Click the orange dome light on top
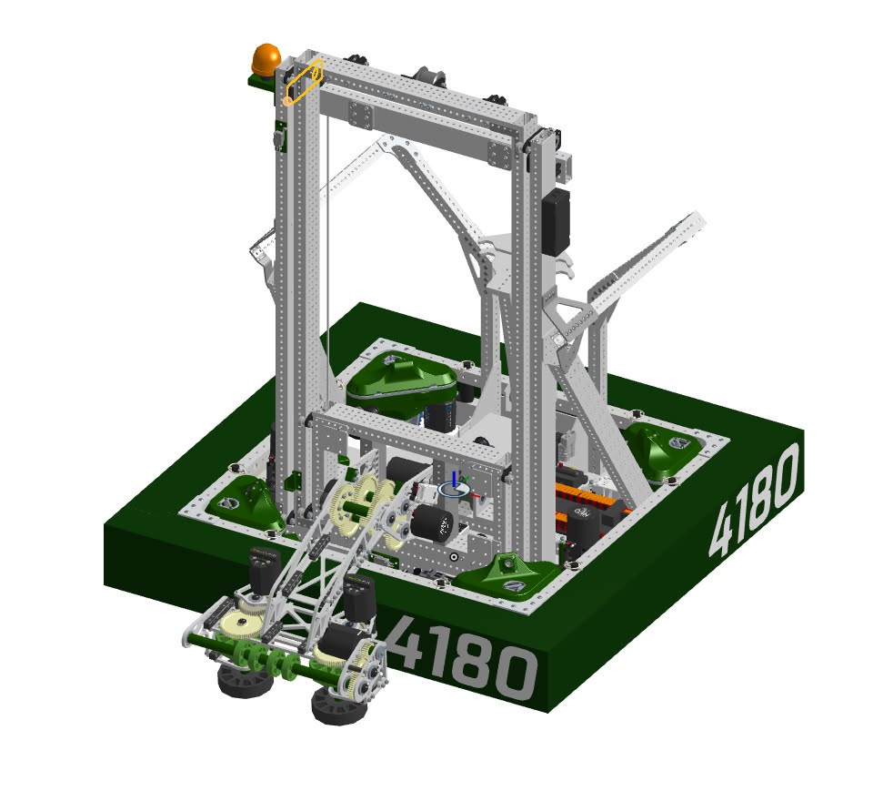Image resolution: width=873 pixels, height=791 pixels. point(266,59)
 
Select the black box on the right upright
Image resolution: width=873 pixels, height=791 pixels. point(556,222)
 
